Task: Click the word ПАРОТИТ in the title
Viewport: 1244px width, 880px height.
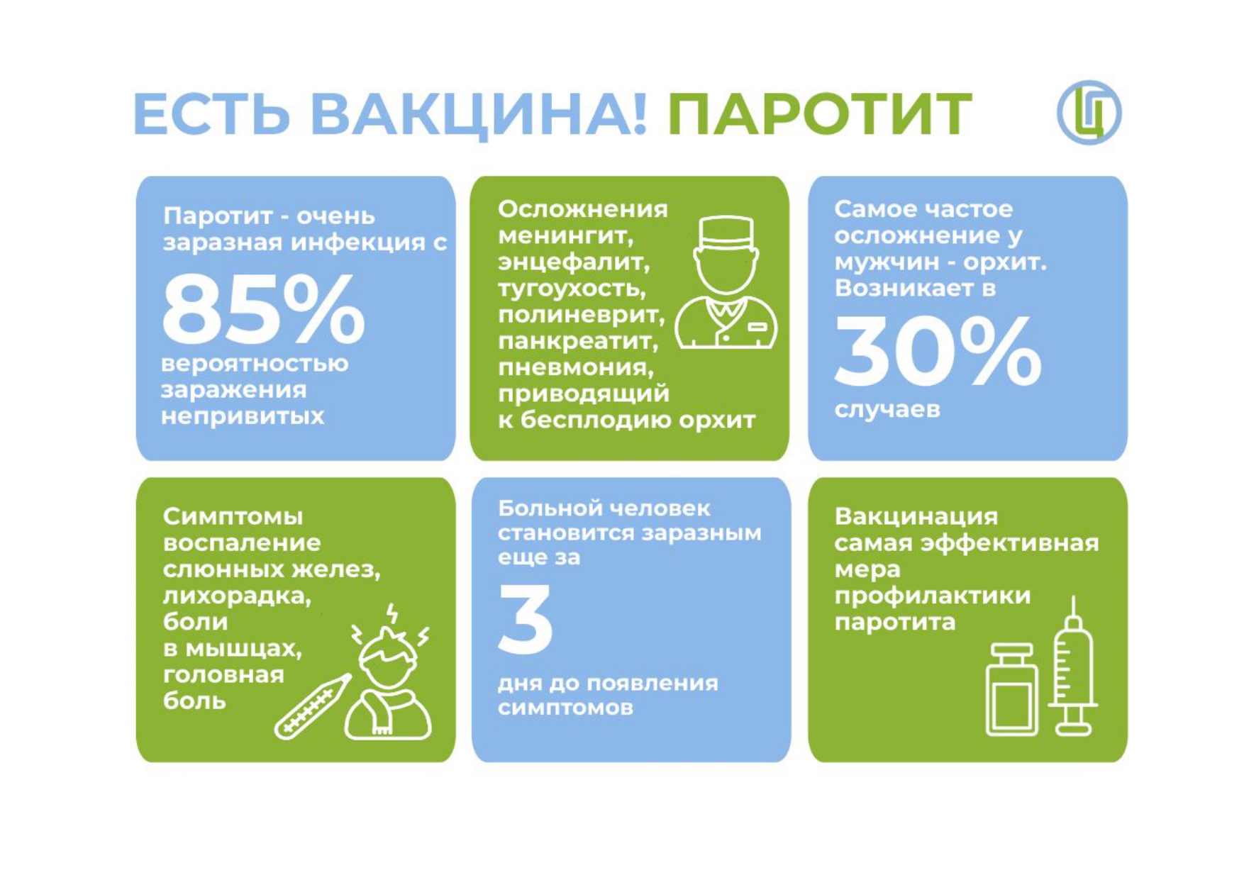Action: tap(819, 113)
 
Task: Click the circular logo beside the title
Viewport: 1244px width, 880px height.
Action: tap(1089, 113)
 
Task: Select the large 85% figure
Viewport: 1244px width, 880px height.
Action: tap(263, 309)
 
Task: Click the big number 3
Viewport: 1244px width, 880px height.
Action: tap(526, 619)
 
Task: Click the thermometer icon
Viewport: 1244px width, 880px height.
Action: tap(312, 706)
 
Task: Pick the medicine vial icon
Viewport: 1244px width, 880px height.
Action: tap(1011, 689)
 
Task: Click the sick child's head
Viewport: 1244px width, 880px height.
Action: tap(387, 659)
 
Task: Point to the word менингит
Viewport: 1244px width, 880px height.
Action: tap(565, 236)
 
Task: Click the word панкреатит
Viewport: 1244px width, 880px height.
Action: tap(578, 342)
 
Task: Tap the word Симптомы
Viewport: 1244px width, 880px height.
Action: tap(233, 517)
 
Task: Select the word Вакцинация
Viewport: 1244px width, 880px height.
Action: tap(916, 517)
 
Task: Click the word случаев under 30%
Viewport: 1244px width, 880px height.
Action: tap(887, 410)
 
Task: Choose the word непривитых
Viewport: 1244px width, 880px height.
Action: tap(243, 416)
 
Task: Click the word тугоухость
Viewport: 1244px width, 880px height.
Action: tap(572, 289)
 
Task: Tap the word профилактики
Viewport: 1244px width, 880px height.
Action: tap(933, 596)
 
